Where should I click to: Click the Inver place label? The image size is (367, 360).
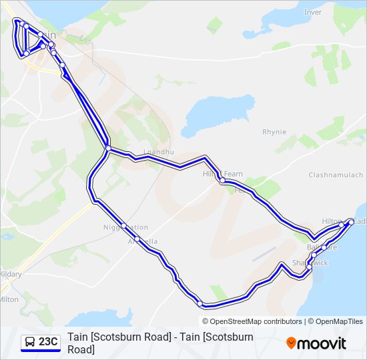tap(312, 12)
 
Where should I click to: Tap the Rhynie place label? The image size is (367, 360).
tap(274, 132)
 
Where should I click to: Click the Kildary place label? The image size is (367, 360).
tap(11, 274)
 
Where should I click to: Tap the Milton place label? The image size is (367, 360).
tap(9, 299)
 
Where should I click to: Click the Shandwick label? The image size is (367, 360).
tap(311, 263)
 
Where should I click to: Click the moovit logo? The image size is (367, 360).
tap(316, 343)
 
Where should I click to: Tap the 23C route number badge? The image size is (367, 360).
tap(48, 342)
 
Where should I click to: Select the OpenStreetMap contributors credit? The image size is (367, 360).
tap(256, 321)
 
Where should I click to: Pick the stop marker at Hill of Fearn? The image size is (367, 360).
tap(222, 180)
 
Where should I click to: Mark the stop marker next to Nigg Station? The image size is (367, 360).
tap(123, 225)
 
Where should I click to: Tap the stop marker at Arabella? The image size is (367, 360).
tap(137, 239)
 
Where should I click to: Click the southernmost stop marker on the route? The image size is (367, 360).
tap(200, 303)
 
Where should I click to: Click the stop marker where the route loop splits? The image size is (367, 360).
tap(107, 148)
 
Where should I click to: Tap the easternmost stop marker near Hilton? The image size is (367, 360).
tap(351, 221)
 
